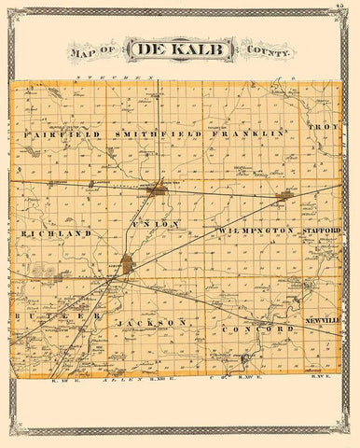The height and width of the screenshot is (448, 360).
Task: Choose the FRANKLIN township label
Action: (247, 133)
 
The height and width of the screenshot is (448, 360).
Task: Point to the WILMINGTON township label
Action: (256, 230)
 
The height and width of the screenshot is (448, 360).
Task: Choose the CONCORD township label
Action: (250, 330)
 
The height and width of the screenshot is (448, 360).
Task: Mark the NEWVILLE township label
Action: (320, 320)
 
